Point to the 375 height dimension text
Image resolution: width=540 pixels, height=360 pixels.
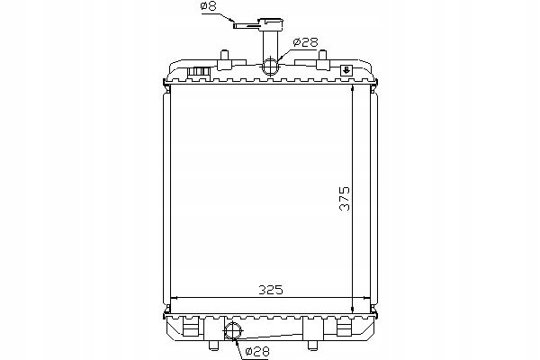[345, 198]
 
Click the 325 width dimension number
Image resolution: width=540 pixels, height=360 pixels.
[271, 290]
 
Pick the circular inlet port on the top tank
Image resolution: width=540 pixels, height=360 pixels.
[271, 66]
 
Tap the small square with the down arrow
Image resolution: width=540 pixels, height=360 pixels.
[346, 70]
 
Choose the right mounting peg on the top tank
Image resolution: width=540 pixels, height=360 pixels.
[321, 59]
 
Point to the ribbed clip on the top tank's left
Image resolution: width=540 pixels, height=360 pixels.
[200, 71]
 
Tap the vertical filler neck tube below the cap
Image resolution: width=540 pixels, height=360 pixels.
[269, 45]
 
